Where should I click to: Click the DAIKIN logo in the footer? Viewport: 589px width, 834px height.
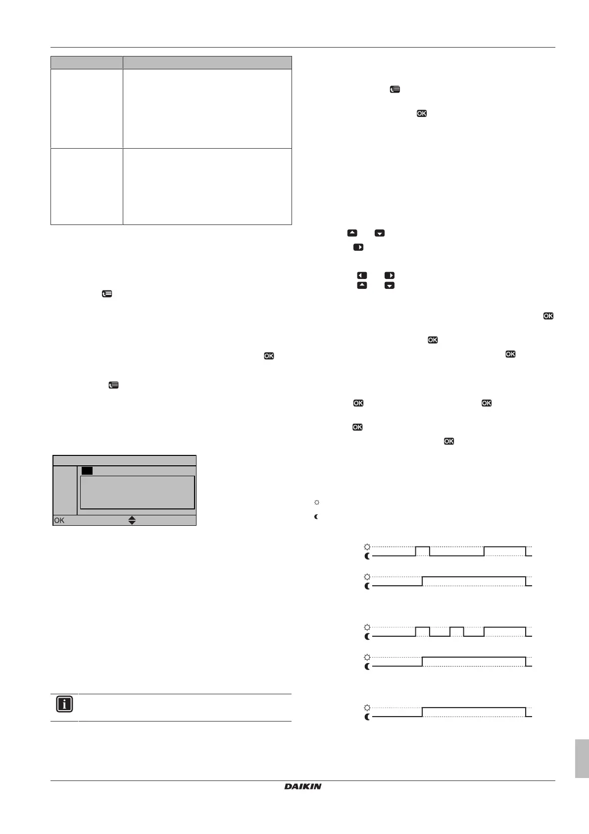(x=303, y=786)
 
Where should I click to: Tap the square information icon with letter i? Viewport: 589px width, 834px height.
(x=64, y=704)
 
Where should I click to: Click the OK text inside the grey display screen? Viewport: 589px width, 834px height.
(x=59, y=520)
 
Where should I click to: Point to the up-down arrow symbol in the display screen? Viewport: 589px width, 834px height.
(x=132, y=520)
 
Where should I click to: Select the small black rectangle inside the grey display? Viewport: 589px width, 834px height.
(x=87, y=470)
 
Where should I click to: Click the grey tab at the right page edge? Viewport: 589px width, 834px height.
(x=582, y=759)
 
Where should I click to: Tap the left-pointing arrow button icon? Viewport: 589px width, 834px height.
(x=362, y=276)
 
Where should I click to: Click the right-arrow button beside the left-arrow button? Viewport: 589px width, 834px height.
(x=390, y=276)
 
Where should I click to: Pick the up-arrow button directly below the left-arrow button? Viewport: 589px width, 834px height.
(x=362, y=285)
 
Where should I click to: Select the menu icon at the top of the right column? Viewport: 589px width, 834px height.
(x=394, y=90)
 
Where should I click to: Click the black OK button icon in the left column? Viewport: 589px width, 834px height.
(x=269, y=356)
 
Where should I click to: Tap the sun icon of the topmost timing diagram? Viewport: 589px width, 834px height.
(x=367, y=547)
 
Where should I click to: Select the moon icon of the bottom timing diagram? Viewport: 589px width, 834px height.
(x=367, y=717)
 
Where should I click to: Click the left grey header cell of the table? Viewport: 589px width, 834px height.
(x=87, y=62)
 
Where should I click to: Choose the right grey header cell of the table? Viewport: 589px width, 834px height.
(x=207, y=62)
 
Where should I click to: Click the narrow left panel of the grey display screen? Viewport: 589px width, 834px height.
(x=65, y=490)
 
